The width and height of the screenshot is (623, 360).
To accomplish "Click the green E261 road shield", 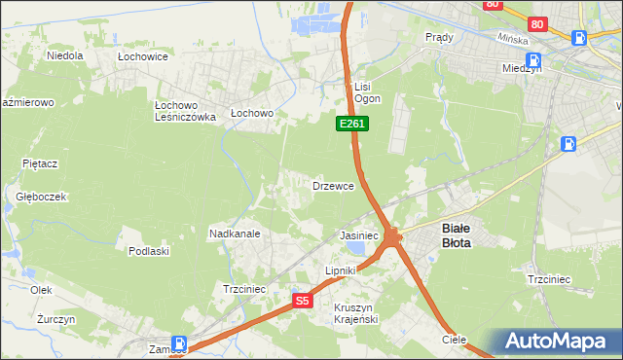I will click(352, 124).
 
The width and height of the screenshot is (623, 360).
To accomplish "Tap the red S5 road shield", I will click(303, 301).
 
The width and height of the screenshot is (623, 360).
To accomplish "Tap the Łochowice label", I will click(143, 56).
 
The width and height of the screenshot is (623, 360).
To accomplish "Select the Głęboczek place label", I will click(41, 196).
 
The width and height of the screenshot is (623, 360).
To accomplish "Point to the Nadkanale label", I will click(234, 234).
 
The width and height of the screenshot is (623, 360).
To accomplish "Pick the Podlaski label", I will click(149, 250).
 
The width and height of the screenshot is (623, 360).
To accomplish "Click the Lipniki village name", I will click(342, 270).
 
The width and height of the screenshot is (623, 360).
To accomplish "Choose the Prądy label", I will click(440, 36).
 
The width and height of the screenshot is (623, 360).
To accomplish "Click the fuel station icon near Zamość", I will click(180, 342).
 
